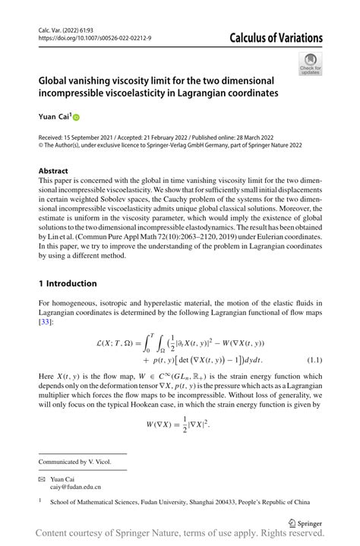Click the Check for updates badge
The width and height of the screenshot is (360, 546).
coord(310,65)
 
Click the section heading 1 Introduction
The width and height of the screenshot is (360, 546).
coord(68,283)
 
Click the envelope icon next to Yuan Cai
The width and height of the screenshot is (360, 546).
coord(43,478)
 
